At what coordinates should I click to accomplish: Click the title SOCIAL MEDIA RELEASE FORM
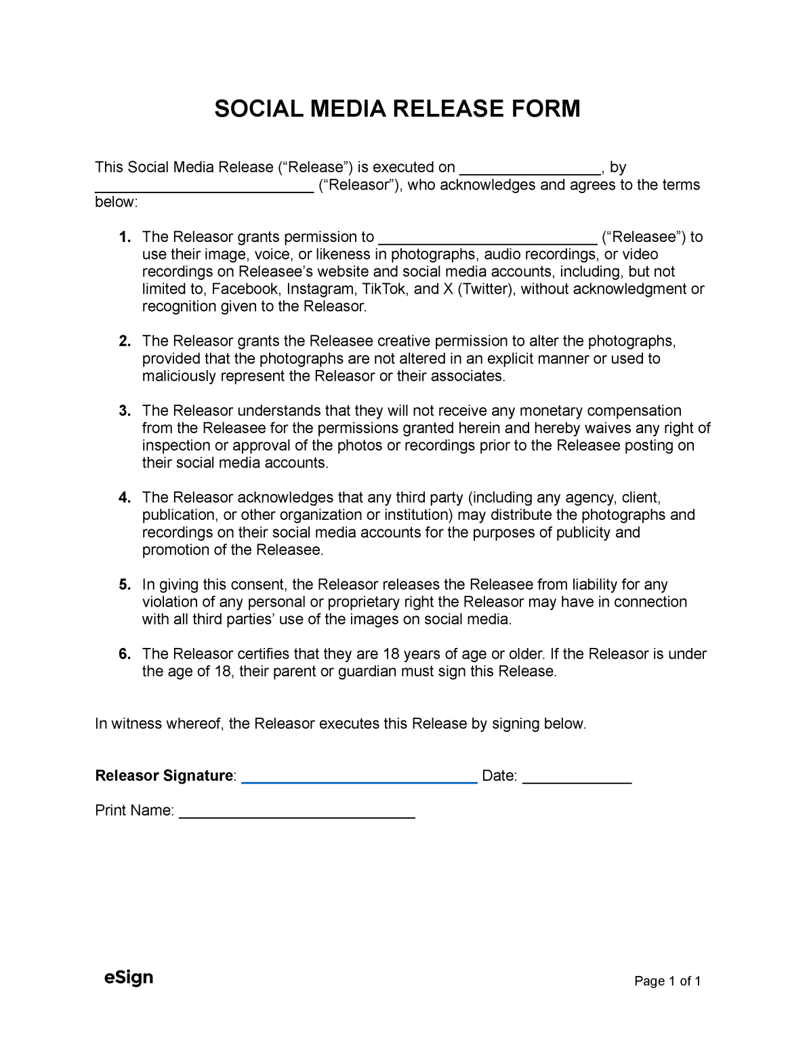pyautogui.click(x=397, y=108)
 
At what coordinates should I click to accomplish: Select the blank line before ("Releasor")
pyautogui.click(x=203, y=188)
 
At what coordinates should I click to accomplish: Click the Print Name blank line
pyautogui.click(x=296, y=815)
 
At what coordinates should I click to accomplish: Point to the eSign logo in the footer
pyautogui.click(x=128, y=977)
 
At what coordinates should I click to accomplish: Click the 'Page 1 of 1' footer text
pyautogui.click(x=667, y=981)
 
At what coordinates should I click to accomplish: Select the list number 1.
pyautogui.click(x=124, y=237)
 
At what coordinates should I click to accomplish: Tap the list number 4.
pyautogui.click(x=124, y=498)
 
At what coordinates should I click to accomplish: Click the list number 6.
pyautogui.click(x=124, y=654)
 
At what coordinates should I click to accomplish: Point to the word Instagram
pyautogui.click(x=320, y=289)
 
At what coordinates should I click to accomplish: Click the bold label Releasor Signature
pyautogui.click(x=164, y=776)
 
